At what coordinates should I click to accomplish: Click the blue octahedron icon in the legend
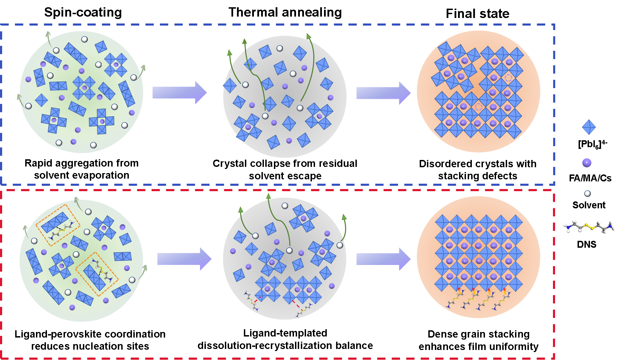(x=589, y=127)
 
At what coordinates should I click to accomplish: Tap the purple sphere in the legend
(x=587, y=163)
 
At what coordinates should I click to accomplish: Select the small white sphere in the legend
(x=587, y=193)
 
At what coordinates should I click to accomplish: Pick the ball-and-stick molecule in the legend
(x=589, y=227)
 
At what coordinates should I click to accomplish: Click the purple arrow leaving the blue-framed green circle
(x=180, y=93)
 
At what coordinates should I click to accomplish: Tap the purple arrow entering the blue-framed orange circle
(x=383, y=93)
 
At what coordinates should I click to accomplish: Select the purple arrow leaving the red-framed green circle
(x=184, y=259)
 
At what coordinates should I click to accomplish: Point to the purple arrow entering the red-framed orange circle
(x=383, y=259)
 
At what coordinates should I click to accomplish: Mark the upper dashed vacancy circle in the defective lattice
(x=508, y=78)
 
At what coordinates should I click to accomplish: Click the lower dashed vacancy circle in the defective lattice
(x=478, y=107)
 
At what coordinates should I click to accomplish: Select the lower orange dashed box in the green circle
(x=97, y=274)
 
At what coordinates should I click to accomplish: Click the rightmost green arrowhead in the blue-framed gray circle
(x=308, y=36)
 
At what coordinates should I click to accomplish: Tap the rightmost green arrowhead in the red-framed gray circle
(x=344, y=217)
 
